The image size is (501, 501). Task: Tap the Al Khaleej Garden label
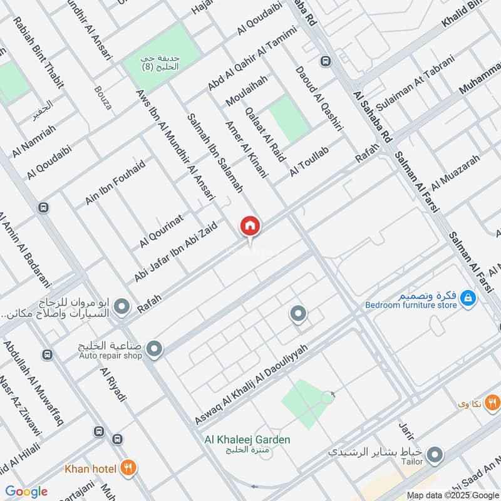click(247, 440)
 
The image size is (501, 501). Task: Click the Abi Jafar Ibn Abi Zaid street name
click(176, 251)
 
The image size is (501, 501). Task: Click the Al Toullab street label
click(309, 162)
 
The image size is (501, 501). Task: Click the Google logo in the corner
click(26, 492)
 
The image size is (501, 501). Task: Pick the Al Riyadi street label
click(113, 385)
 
